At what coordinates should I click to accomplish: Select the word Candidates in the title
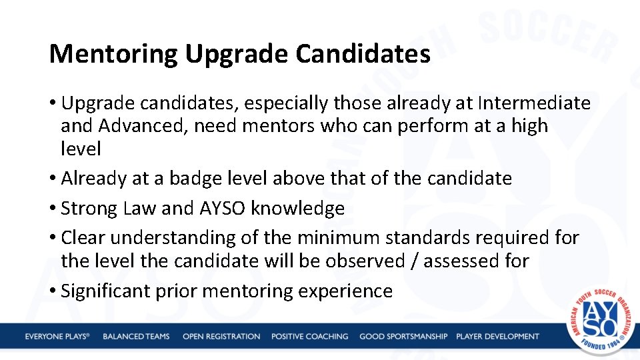pyautogui.click(x=363, y=53)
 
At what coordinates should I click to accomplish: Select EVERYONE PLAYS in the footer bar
pyautogui.click(x=57, y=337)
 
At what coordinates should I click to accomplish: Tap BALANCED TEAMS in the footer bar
pyautogui.click(x=136, y=337)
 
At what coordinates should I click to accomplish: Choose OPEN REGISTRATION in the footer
pyautogui.click(x=221, y=337)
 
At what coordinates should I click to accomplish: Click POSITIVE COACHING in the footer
pyautogui.click(x=309, y=337)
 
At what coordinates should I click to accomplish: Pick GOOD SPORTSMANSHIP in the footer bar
pyautogui.click(x=403, y=337)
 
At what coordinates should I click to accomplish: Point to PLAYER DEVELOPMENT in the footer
pyautogui.click(x=497, y=337)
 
